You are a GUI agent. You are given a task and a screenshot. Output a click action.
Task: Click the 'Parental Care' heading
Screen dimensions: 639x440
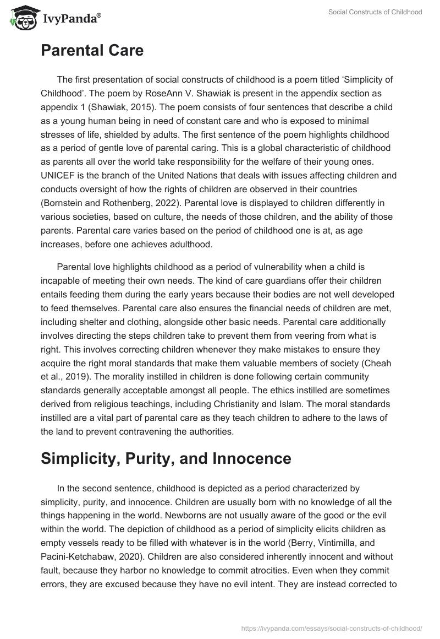click(92, 51)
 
